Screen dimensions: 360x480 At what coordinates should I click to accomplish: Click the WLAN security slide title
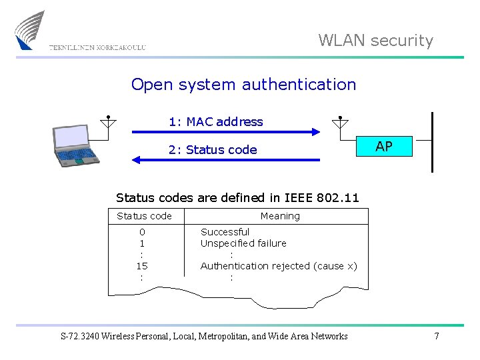tap(375, 41)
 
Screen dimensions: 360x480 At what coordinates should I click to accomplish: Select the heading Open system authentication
tap(243, 85)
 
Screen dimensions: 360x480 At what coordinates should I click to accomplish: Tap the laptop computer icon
tap(75, 145)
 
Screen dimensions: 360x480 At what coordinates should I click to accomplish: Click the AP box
tap(383, 147)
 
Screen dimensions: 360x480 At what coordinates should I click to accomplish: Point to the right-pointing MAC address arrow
tap(227, 133)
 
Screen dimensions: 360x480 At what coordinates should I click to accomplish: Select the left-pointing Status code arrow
tap(227, 160)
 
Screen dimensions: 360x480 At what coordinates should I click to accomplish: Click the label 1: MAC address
tap(215, 122)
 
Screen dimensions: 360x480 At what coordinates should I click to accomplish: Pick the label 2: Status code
tap(212, 150)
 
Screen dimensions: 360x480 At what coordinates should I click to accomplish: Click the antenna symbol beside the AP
tap(340, 122)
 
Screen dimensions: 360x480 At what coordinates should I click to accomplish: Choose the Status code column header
tap(144, 216)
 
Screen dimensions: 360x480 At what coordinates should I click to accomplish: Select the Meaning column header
tap(280, 216)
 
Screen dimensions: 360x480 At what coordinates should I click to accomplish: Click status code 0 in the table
tap(142, 232)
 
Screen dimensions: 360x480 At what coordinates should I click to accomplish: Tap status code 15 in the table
tap(142, 266)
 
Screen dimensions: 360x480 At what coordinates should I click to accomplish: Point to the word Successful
tap(225, 232)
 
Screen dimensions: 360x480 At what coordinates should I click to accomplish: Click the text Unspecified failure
tap(243, 243)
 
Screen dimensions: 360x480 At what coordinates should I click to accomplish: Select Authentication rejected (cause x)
tap(279, 266)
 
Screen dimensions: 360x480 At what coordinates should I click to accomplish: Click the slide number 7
tap(437, 336)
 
